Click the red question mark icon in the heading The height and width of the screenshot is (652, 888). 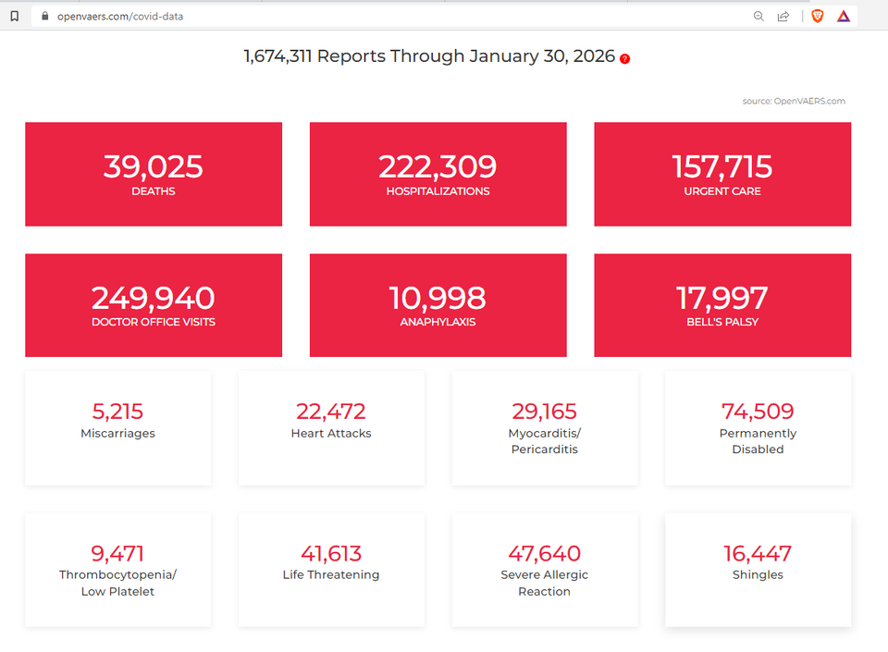pos(625,58)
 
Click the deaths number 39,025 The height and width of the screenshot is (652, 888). pos(153,166)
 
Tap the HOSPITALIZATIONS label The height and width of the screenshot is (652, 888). pos(438,191)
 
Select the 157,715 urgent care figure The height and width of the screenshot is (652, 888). pos(721,166)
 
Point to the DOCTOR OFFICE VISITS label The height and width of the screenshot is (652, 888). pos(153,323)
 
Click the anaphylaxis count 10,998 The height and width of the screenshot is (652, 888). pos(438,298)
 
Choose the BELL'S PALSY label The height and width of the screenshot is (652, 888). pos(721,323)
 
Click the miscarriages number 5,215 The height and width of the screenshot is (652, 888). pos(117,412)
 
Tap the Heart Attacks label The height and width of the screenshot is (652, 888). pos(331,434)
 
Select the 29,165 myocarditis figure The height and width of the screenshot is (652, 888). pos(544,412)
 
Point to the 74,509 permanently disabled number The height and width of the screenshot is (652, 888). pos(758,412)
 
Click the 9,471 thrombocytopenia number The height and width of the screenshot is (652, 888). pos(117,554)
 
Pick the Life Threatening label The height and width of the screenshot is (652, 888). pos(331,575)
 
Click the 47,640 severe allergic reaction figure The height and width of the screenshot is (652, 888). pos(544,554)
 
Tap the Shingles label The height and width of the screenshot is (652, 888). pos(758,575)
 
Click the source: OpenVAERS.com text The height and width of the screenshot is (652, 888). pos(793,102)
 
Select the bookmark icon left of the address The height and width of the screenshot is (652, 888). pos(14,16)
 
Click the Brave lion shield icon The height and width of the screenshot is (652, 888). pos(817,16)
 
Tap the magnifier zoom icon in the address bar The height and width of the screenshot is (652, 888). pos(758,16)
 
